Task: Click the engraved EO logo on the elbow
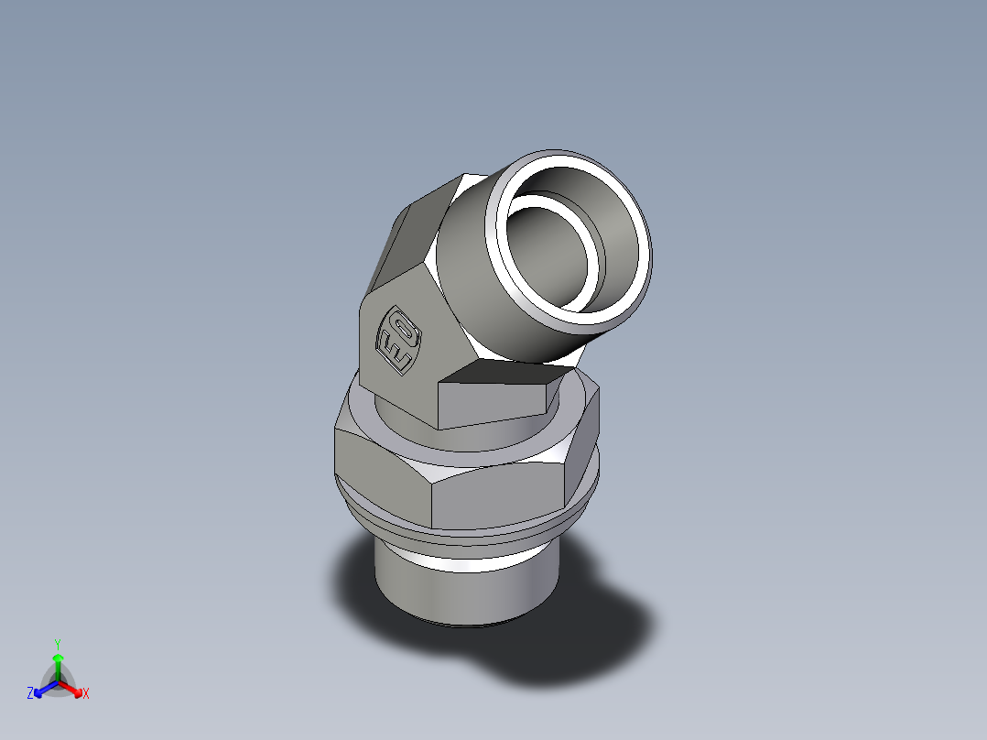(x=399, y=339)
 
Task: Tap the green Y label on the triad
(x=57, y=643)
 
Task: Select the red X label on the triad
(x=86, y=694)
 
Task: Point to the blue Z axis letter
(x=30, y=694)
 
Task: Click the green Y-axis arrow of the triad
(x=57, y=664)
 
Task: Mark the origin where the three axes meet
(x=57, y=682)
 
